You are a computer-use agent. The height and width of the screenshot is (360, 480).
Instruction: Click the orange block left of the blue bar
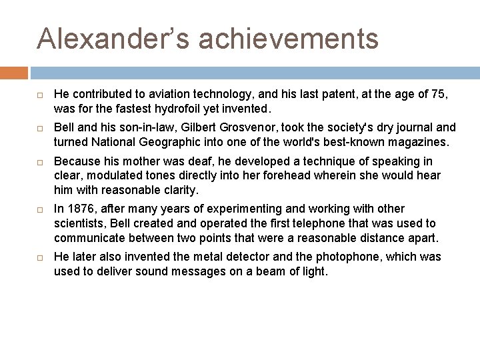click(14, 73)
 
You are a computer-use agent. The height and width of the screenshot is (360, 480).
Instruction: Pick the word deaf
click(181, 161)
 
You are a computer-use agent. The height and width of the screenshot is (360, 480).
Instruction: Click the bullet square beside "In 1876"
click(40, 209)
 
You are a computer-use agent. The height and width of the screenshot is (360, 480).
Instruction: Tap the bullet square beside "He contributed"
click(40, 95)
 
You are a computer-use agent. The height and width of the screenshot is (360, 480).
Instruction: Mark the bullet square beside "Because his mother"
click(40, 162)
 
